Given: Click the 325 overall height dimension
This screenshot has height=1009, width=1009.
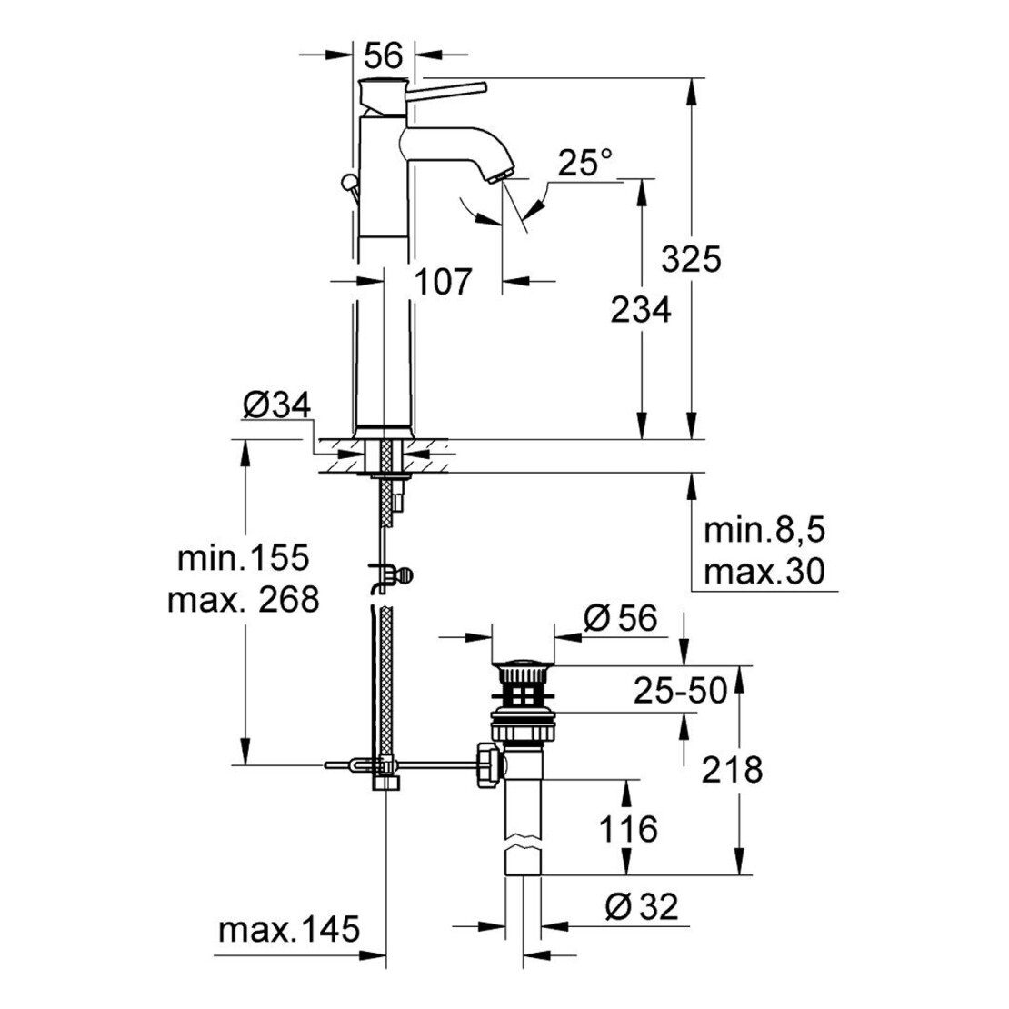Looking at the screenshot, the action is pos(692,259).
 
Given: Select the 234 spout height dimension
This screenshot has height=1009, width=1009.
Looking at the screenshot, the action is pos(641,310).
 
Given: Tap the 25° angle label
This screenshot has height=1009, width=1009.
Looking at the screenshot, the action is pos(584,163).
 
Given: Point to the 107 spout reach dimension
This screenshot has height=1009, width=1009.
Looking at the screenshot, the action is pos(443,282).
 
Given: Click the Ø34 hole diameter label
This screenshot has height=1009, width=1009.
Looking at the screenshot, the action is pos(276,405).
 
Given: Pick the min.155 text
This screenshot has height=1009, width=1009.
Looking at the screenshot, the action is pos(244,558).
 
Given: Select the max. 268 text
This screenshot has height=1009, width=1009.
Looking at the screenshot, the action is pos(244,600).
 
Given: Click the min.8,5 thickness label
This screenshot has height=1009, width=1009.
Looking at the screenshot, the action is pos(764,531).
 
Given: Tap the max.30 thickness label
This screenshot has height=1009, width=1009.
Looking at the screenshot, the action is pos(764,572).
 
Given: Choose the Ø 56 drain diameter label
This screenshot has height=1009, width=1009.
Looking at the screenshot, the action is pos(621,618).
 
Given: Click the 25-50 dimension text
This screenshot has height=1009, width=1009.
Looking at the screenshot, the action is pos(681,691).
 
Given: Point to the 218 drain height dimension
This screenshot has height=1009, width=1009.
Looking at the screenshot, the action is pos(733,770).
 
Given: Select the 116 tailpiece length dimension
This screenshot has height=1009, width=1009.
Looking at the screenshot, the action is pos(628,829).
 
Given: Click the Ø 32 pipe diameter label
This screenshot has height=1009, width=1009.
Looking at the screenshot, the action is pos(642,907).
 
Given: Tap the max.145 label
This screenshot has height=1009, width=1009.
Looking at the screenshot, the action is pos(289,930).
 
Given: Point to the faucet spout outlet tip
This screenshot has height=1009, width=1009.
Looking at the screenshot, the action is pos(499,176).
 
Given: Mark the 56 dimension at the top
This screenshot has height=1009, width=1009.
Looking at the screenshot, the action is pos(384,55).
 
